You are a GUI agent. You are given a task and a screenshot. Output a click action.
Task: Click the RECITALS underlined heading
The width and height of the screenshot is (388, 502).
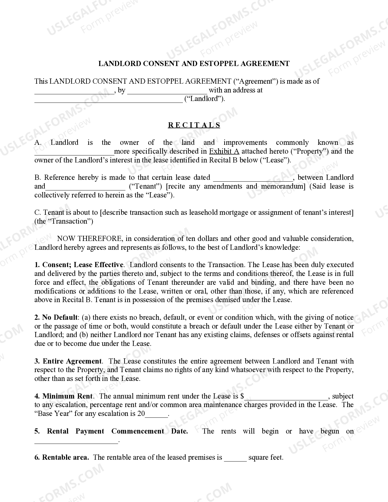[x=194, y=125]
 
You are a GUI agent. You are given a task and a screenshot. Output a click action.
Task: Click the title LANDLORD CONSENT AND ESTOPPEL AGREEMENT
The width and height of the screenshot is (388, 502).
[x=194, y=64]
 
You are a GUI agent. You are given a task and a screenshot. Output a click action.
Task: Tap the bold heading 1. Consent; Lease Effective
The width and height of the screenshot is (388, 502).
[x=79, y=265]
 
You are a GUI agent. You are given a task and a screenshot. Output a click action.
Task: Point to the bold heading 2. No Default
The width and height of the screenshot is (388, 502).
[x=56, y=317]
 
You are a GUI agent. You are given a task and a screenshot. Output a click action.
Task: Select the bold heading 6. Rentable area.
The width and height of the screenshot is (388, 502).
[x=62, y=457]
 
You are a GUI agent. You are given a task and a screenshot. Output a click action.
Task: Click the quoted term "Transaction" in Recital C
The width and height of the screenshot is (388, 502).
[x=73, y=221]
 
